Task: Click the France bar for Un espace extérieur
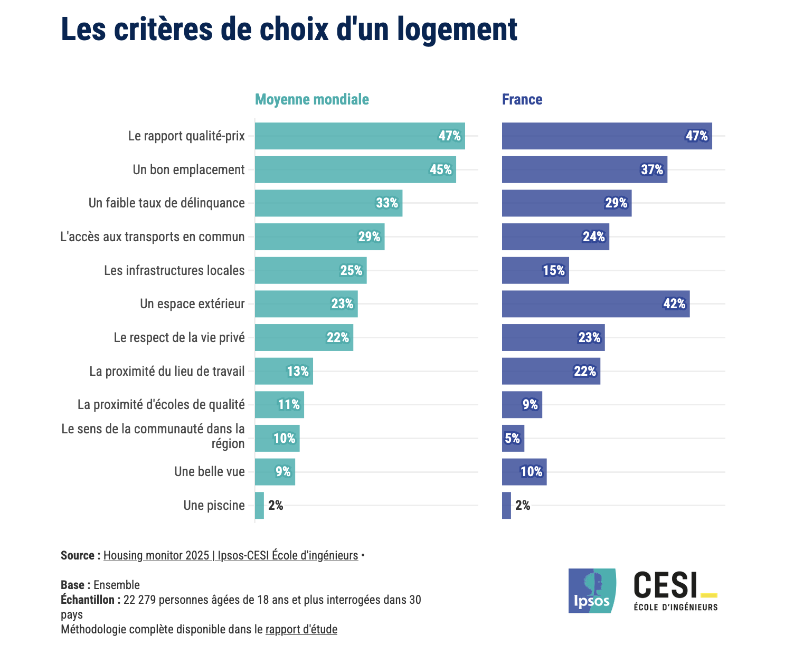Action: [595, 304]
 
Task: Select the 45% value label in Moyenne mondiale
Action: [441, 170]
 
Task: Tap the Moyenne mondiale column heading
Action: [312, 100]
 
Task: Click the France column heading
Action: [522, 100]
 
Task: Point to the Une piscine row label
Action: [214, 506]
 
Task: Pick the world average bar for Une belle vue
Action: [275, 472]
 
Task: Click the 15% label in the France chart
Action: [554, 271]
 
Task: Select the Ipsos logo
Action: [592, 591]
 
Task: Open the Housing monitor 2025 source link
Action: [231, 556]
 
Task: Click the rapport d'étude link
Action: [301, 630]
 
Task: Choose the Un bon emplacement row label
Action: [188, 170]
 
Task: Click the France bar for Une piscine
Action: [506, 506]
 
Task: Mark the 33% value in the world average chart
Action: [387, 203]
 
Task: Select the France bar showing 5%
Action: [513, 439]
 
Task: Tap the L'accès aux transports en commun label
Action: [153, 237]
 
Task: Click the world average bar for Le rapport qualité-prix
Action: [360, 136]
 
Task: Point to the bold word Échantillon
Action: [88, 600]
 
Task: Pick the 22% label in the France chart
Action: [585, 372]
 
